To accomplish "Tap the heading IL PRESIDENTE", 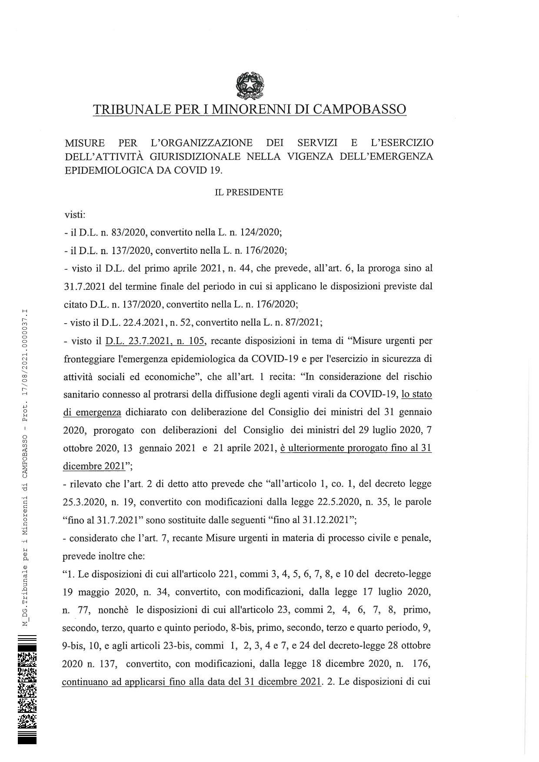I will point(249,192).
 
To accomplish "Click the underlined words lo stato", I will point(416,394).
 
